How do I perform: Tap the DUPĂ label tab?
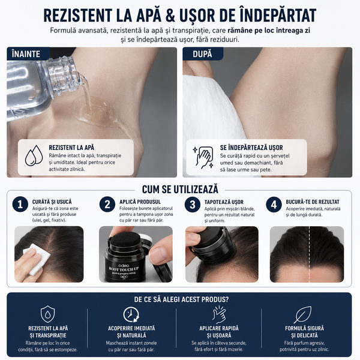(203, 54)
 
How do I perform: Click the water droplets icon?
(34, 155)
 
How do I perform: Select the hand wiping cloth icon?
(203, 157)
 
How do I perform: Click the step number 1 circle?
(20, 204)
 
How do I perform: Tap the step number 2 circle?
(107, 204)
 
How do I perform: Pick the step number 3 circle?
(193, 205)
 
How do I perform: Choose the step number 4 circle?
(274, 205)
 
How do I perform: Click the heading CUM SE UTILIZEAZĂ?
(180, 190)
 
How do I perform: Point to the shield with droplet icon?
(47, 314)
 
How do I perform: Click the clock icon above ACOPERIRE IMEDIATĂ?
(131, 314)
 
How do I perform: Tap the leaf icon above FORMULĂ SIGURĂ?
(303, 314)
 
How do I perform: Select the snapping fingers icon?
(219, 314)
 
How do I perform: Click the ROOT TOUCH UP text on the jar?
(124, 269)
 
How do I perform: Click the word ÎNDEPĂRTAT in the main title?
(278, 16)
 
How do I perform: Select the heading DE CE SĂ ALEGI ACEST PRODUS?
(181, 299)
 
